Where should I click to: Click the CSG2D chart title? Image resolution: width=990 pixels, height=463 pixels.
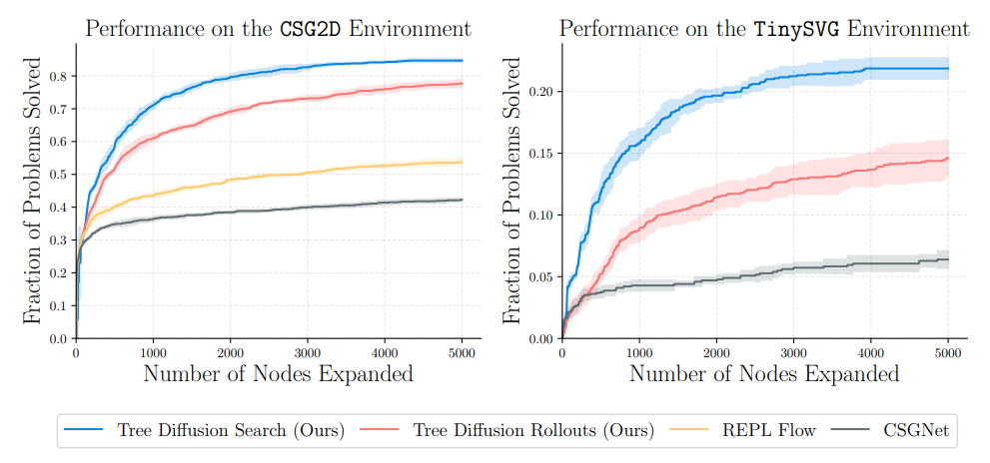pyautogui.click(x=278, y=28)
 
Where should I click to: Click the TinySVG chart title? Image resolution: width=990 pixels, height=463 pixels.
pyautogui.click(x=764, y=28)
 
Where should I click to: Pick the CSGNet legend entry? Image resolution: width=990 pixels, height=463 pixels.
pyautogui.click(x=917, y=431)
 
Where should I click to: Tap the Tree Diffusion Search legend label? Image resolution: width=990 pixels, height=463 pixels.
pyautogui.click(x=231, y=431)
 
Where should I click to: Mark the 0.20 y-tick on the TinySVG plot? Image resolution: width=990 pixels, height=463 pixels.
pyautogui.click(x=540, y=92)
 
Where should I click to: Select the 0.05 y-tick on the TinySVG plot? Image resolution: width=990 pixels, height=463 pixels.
pyautogui.click(x=540, y=276)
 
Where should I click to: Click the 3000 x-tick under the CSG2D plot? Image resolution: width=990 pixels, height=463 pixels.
pyautogui.click(x=307, y=352)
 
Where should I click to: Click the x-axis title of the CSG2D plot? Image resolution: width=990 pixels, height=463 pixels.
pyautogui.click(x=278, y=375)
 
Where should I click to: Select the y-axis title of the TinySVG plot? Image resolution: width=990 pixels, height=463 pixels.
pyautogui.click(x=511, y=191)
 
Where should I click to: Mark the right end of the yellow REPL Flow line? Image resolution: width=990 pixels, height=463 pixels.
pyautogui.click(x=462, y=162)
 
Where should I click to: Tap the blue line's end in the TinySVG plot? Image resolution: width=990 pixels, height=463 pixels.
pyautogui.click(x=947, y=69)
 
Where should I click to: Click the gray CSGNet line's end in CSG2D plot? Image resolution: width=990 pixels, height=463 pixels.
pyautogui.click(x=462, y=200)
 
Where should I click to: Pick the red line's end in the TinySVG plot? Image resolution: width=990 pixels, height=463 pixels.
pyautogui.click(x=947, y=158)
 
